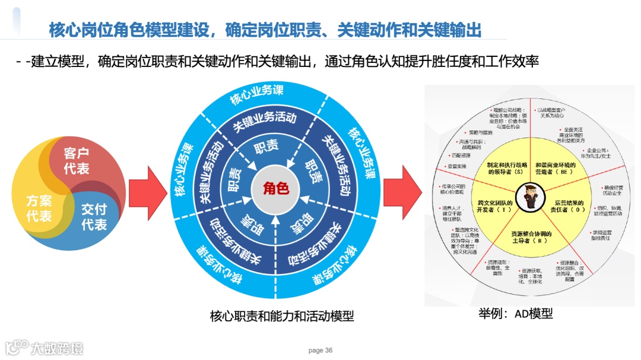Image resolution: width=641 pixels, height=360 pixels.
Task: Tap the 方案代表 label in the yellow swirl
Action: (39, 208)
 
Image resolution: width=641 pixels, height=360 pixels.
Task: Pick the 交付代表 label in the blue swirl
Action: (94, 217)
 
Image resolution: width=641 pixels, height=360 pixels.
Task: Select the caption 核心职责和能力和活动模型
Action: (282, 316)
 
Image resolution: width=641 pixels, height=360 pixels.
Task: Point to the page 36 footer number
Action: (320, 351)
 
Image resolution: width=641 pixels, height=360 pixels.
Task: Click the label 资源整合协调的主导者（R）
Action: (531, 237)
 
